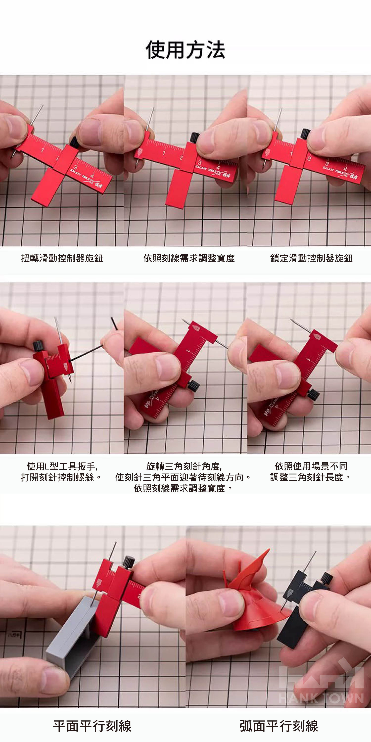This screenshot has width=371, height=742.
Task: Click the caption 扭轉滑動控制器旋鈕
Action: coord(62,258)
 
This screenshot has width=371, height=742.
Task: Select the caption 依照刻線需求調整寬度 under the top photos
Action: coord(189,258)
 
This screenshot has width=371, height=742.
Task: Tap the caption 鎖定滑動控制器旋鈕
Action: coord(311,258)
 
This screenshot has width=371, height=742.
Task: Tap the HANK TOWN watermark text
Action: coord(321,699)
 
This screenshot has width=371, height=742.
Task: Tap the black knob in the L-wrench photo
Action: coord(38,345)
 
